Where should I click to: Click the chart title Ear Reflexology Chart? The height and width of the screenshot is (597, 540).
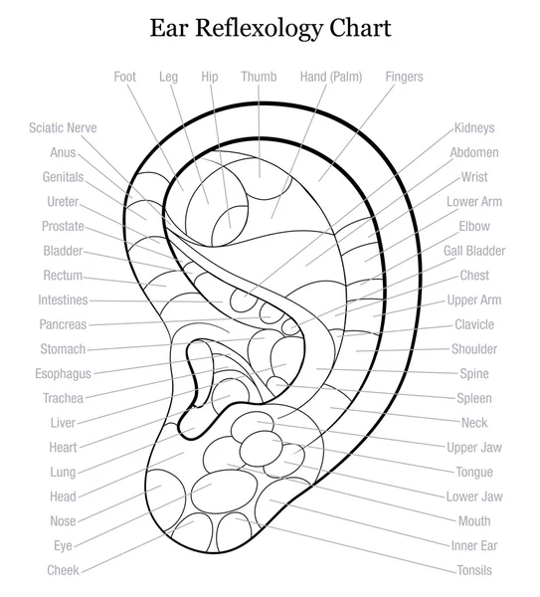(x=270, y=27)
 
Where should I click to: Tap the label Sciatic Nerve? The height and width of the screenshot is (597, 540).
(x=63, y=128)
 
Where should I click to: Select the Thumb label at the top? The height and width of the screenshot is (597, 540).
(x=259, y=77)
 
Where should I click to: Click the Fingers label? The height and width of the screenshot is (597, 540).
(x=403, y=77)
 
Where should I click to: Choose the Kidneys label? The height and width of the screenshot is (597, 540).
(x=473, y=128)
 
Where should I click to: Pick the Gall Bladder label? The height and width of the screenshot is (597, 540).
(x=473, y=251)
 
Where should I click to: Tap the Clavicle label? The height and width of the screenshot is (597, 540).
(x=473, y=324)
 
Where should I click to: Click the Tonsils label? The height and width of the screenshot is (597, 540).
(x=473, y=570)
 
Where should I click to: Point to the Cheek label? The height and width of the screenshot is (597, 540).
(x=63, y=570)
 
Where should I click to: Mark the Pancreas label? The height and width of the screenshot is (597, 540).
(x=63, y=324)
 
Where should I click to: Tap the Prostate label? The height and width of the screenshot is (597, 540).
(x=63, y=226)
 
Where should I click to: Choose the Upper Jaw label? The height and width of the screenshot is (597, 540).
(x=473, y=448)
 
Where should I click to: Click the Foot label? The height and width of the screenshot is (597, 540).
(x=125, y=77)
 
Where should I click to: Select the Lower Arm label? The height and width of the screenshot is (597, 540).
(x=473, y=202)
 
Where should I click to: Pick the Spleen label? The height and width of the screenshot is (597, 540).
(x=473, y=398)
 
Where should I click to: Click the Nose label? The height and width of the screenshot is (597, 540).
(x=63, y=521)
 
